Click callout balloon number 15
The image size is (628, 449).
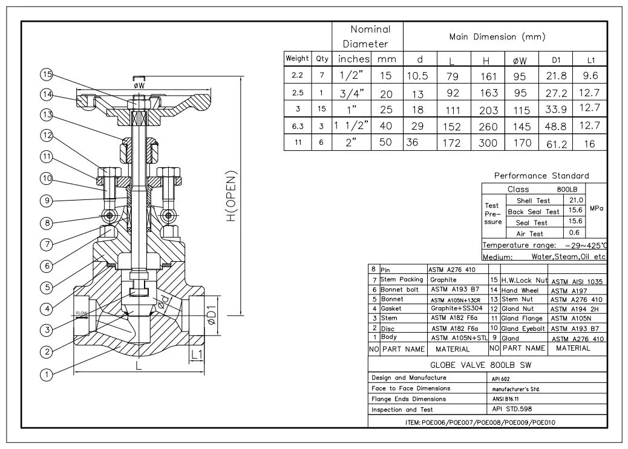click(x=47, y=75)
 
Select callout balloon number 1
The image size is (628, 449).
click(x=46, y=374)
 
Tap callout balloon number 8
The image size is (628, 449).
click(x=47, y=223)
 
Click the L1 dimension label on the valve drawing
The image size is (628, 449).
click(x=197, y=353)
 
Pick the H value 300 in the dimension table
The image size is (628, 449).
click(x=487, y=143)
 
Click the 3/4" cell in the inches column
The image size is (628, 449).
click(x=353, y=93)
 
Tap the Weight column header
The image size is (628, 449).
click(x=297, y=59)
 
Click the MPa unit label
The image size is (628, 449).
click(x=597, y=208)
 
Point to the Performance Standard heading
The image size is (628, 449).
click(x=541, y=176)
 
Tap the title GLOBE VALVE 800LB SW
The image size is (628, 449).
click(x=473, y=365)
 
